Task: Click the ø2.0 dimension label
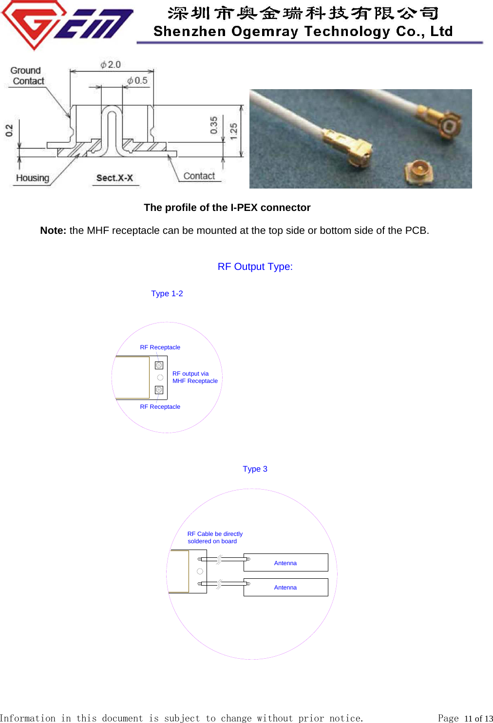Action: [x=111, y=65]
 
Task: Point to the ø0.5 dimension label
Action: [x=137, y=80]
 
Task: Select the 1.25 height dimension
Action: [x=234, y=131]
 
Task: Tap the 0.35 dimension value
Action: [x=214, y=125]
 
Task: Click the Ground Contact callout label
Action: [x=27, y=76]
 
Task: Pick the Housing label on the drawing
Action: [x=33, y=178]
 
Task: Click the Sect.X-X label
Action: [x=114, y=178]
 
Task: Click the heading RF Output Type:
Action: [x=255, y=266]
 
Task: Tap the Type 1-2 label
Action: [x=167, y=293]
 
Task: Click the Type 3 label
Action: [x=255, y=469]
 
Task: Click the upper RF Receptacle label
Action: [x=160, y=347]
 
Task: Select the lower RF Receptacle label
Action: [x=160, y=407]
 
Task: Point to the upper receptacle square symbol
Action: [x=159, y=365]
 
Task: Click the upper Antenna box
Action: [x=285, y=563]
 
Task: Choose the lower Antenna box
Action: [x=285, y=587]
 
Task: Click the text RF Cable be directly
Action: [x=215, y=534]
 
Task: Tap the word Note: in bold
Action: [x=53, y=230]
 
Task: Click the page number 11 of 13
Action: [x=478, y=718]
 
